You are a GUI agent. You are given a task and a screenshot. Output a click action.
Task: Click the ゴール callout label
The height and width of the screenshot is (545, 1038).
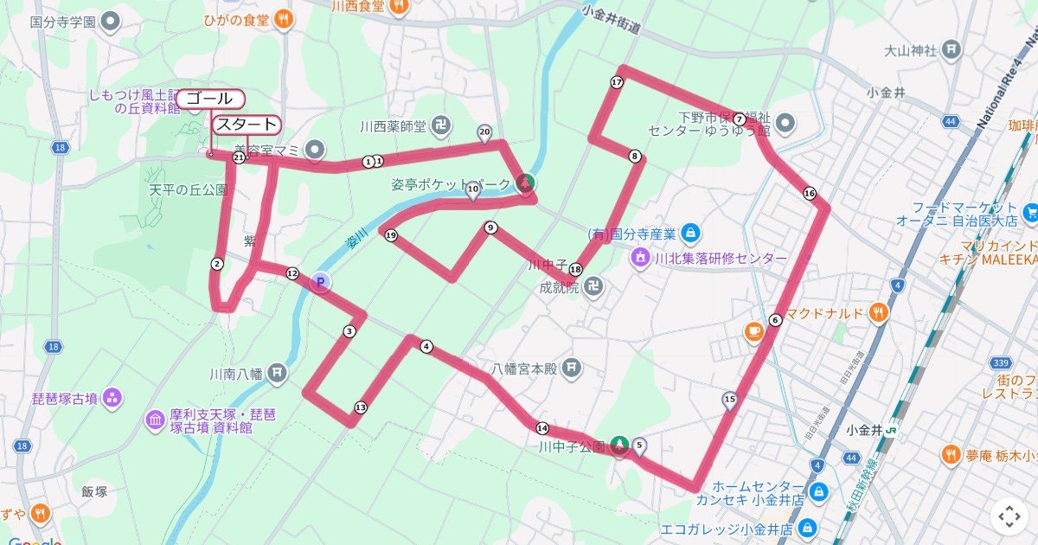(x=208, y=99)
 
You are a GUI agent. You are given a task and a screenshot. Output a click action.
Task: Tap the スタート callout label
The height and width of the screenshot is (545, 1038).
(x=247, y=125)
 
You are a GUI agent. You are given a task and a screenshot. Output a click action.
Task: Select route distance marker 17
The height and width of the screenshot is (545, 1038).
(x=617, y=82)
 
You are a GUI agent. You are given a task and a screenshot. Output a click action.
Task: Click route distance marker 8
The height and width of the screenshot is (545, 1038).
(x=636, y=157)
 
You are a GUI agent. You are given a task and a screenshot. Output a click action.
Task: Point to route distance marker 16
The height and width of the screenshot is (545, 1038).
(x=809, y=193)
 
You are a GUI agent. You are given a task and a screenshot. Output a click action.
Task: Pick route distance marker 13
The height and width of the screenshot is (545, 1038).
(x=361, y=407)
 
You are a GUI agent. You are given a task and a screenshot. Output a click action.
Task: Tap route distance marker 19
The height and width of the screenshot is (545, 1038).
(x=391, y=235)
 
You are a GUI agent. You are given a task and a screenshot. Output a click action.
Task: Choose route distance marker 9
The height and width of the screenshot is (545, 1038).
(x=491, y=228)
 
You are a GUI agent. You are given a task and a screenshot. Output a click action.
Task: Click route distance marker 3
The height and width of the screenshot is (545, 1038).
(x=349, y=331)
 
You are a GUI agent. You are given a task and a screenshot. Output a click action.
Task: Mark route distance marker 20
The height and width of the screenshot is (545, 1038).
(x=484, y=132)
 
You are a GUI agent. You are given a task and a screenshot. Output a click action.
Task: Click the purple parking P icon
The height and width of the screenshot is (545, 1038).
(x=320, y=281)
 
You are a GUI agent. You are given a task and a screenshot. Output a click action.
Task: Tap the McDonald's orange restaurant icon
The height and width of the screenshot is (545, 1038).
(x=880, y=313)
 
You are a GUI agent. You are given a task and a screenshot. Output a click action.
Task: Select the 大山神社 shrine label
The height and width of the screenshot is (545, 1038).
(x=911, y=50)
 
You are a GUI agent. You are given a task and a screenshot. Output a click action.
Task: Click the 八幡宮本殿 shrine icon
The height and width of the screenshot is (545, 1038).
(x=571, y=369)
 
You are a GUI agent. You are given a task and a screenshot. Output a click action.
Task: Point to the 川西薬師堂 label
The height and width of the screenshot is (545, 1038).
(x=394, y=126)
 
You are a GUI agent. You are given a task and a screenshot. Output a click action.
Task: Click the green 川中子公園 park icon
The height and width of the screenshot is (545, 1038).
(x=619, y=446)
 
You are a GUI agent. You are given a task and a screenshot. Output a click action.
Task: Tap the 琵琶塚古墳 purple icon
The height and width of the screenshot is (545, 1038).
(x=112, y=398)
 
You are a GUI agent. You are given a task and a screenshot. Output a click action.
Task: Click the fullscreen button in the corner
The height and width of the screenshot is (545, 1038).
(x=1009, y=516)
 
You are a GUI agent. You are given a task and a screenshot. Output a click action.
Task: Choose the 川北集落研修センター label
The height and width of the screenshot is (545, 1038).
(x=721, y=259)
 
